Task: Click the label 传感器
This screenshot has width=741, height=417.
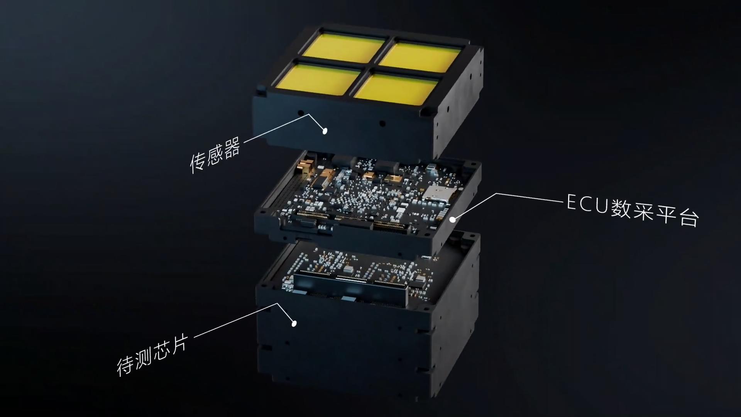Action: coord(215,155)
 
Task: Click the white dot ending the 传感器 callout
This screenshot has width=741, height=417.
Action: coord(325,131)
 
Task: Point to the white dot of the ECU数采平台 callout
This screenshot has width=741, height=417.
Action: coord(452,219)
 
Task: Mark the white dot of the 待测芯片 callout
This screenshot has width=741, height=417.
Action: coord(294,324)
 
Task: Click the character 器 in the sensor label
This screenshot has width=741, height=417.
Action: coord(232,147)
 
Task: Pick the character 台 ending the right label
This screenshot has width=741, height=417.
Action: coord(689,219)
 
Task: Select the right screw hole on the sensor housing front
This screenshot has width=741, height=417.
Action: coord(382,124)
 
